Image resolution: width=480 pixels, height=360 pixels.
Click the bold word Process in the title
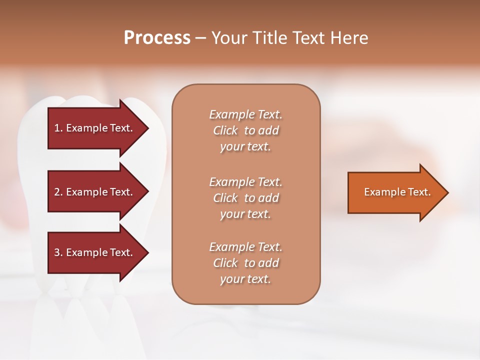click(x=157, y=38)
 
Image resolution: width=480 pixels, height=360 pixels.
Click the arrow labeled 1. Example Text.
click(x=95, y=128)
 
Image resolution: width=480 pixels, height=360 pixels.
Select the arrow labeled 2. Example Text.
click(x=95, y=192)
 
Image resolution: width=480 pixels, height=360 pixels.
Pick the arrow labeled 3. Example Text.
click(x=95, y=252)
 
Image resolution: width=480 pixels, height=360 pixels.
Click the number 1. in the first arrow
click(x=58, y=128)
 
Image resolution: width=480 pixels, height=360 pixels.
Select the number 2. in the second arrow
click(x=58, y=192)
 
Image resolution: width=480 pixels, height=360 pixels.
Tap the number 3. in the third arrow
click(x=58, y=252)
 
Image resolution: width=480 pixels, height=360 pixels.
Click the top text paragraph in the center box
click(x=245, y=130)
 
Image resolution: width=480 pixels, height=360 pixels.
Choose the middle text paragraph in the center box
click(x=245, y=197)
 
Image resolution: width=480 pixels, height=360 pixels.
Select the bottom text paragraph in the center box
click(x=245, y=263)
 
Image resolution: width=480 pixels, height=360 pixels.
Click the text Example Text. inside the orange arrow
click(x=397, y=192)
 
